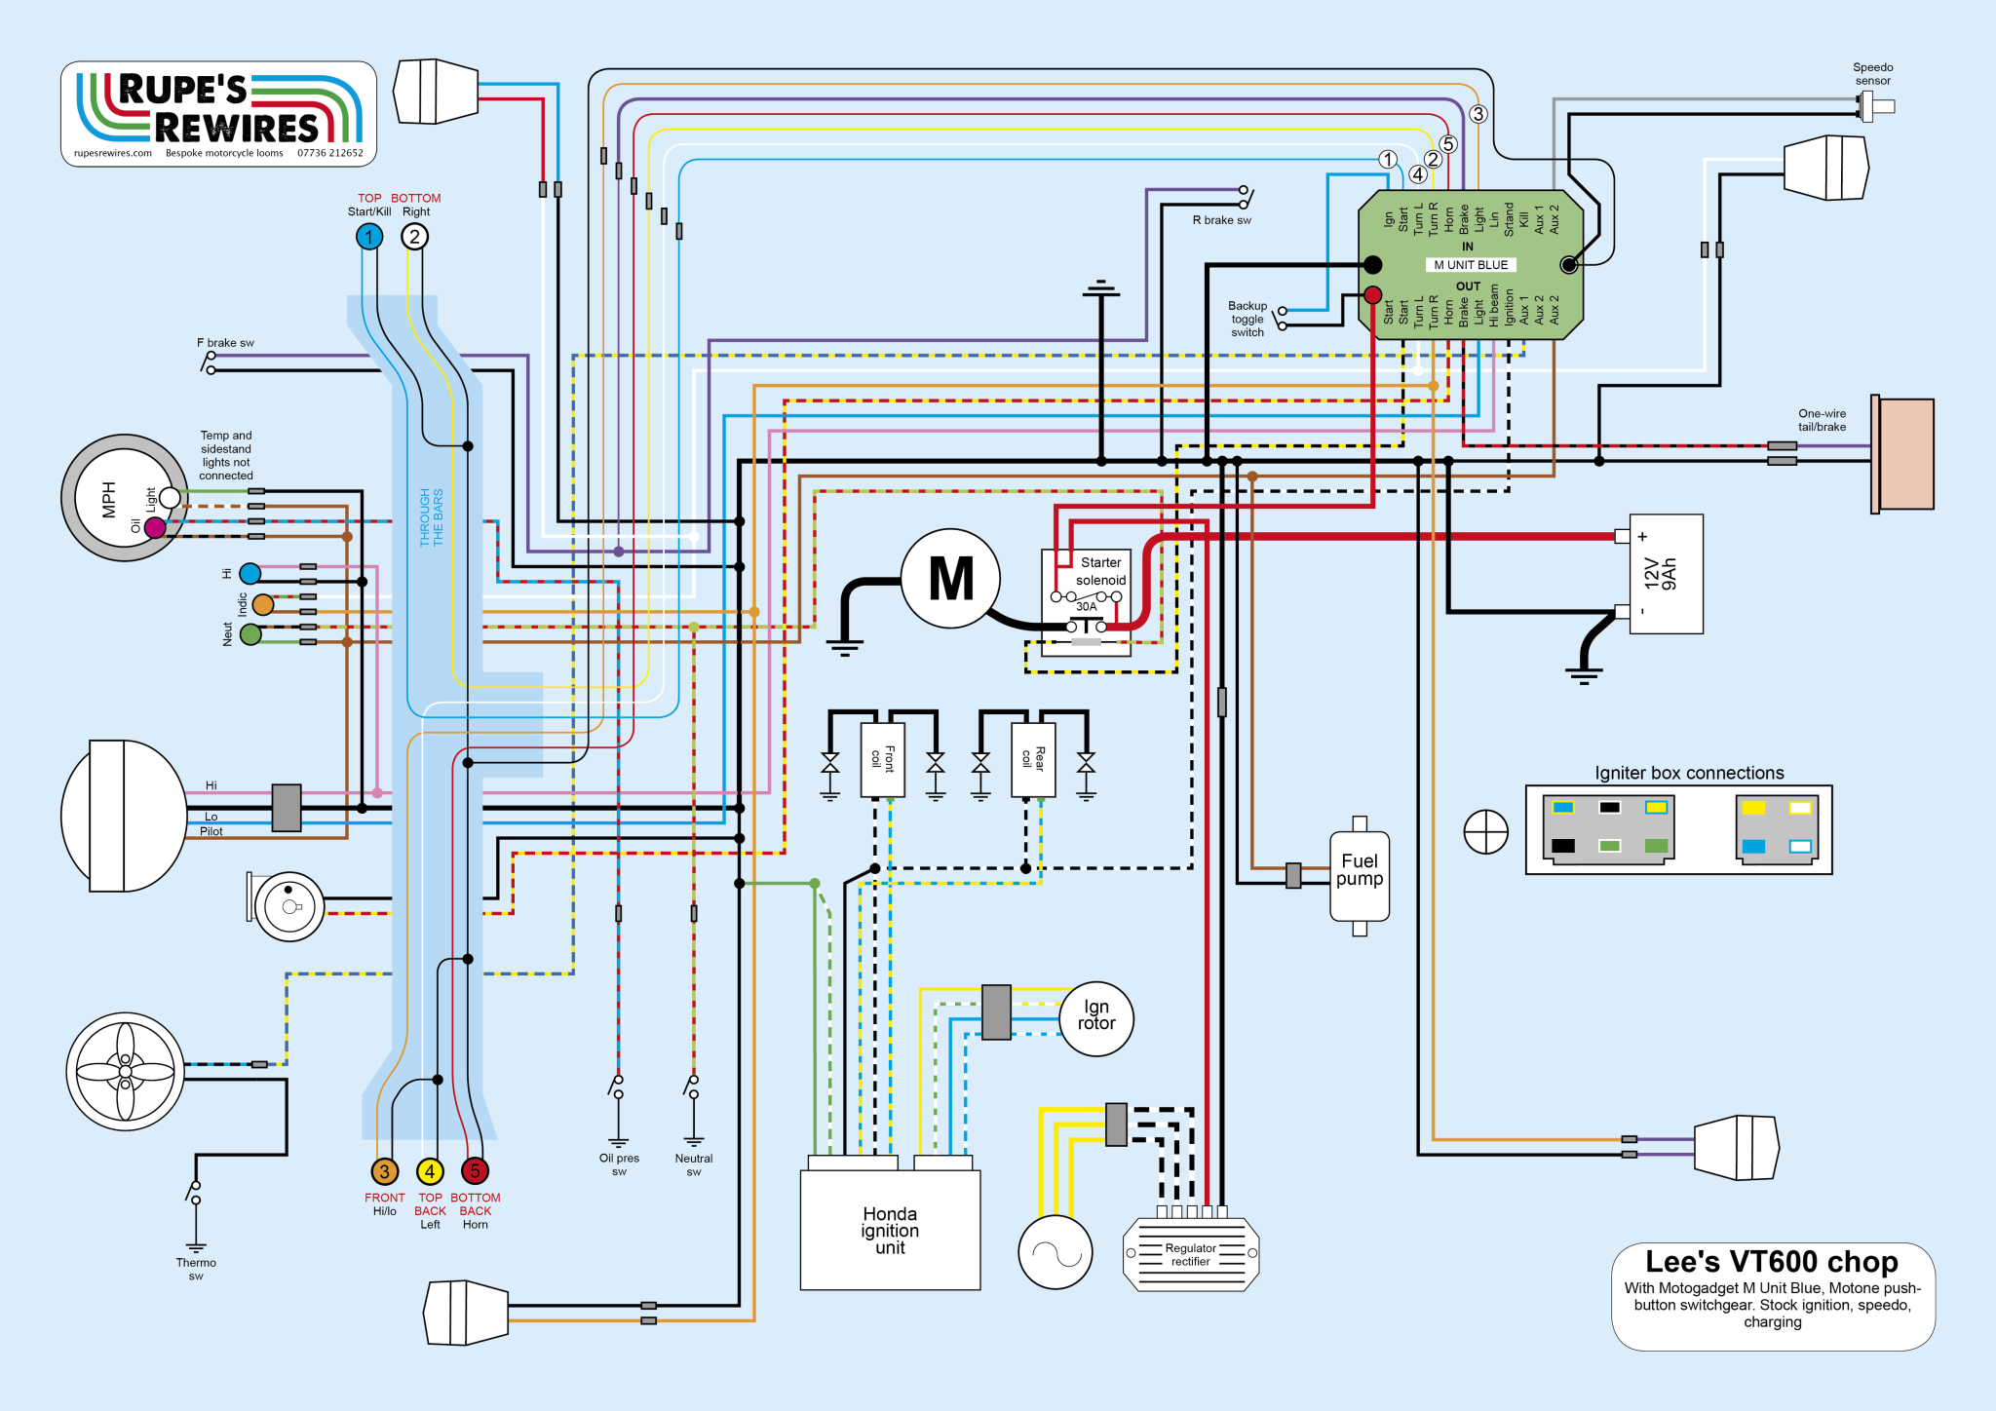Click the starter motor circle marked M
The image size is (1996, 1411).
coord(950,578)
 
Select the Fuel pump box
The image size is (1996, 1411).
coord(1360,875)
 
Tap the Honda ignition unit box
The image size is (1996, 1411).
coord(890,1230)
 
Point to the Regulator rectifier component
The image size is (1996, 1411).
coord(1190,1254)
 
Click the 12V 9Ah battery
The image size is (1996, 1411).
coord(1666,574)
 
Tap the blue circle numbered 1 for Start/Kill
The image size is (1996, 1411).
coord(369,237)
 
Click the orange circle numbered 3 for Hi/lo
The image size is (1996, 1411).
coord(384,1171)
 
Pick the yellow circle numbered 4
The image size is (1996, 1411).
coord(430,1171)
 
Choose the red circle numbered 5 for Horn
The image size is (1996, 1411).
coord(475,1171)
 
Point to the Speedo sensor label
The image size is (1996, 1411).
coord(1872,74)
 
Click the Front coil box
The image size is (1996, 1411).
coord(883,760)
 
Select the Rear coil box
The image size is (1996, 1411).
coord(1033,760)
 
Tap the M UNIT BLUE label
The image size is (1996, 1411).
coord(1470,265)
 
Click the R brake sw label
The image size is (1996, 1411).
coord(1221,220)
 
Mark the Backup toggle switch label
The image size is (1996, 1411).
coord(1247,319)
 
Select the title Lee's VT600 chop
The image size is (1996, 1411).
coord(1771,1262)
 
